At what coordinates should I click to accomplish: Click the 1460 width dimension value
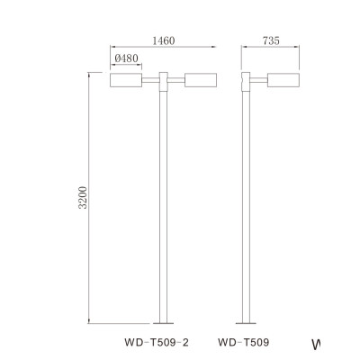coord(162,40)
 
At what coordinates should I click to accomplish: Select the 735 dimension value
coord(270,40)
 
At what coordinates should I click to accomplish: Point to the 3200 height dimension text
coord(82,199)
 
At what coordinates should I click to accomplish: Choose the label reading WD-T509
coord(243,342)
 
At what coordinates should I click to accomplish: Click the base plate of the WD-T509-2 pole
coord(162,322)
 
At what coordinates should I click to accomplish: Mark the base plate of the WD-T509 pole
coord(246,322)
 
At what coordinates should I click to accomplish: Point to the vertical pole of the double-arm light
coord(162,207)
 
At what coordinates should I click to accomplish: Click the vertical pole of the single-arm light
coord(246,207)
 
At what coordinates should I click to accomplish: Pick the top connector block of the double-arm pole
coord(162,81)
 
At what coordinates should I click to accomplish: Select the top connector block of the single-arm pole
coord(246,81)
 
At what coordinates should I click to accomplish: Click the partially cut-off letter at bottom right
coord(316,344)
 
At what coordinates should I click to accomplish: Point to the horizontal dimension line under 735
coord(271,49)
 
